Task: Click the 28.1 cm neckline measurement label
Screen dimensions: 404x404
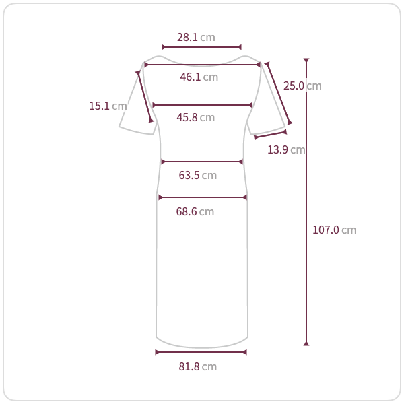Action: [x=196, y=37]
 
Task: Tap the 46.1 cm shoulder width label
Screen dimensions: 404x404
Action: [x=199, y=77]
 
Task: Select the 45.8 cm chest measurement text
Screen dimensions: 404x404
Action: [x=196, y=117]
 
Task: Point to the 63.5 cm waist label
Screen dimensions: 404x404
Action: [x=198, y=176]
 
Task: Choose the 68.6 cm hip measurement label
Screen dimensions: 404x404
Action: [x=195, y=212]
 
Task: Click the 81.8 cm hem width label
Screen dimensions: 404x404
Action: [x=198, y=367]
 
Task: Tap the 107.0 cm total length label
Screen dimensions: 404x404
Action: [x=335, y=230]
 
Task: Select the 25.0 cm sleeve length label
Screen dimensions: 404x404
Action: [x=302, y=86]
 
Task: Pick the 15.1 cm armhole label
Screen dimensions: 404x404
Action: [x=108, y=106]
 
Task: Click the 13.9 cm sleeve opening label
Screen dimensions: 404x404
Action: [x=287, y=149]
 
